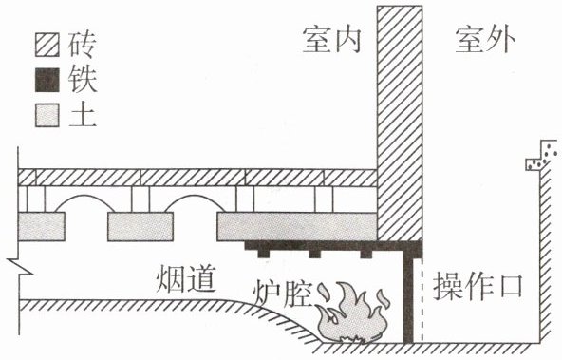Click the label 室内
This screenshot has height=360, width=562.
(331, 40)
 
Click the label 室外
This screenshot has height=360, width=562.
(485, 40)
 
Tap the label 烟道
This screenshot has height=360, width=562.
(186, 278)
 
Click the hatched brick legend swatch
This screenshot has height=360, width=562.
(47, 45)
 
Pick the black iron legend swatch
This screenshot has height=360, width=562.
(47, 80)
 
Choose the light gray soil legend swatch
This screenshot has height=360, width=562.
(47, 115)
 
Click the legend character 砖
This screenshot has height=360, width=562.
(83, 45)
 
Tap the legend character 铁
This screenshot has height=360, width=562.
(83, 80)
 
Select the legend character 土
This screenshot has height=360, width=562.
(83, 116)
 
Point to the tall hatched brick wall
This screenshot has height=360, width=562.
(400, 123)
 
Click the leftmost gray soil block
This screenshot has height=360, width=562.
(42, 226)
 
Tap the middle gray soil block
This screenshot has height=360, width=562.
(140, 226)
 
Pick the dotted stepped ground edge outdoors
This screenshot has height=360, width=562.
(541, 155)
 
